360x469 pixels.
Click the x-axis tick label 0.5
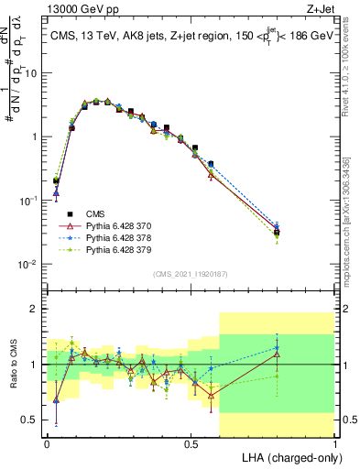(x=191, y=442)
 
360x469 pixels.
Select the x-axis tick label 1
(x=334, y=442)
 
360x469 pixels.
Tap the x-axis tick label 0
(x=47, y=442)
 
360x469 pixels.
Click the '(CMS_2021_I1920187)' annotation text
(x=190, y=273)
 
